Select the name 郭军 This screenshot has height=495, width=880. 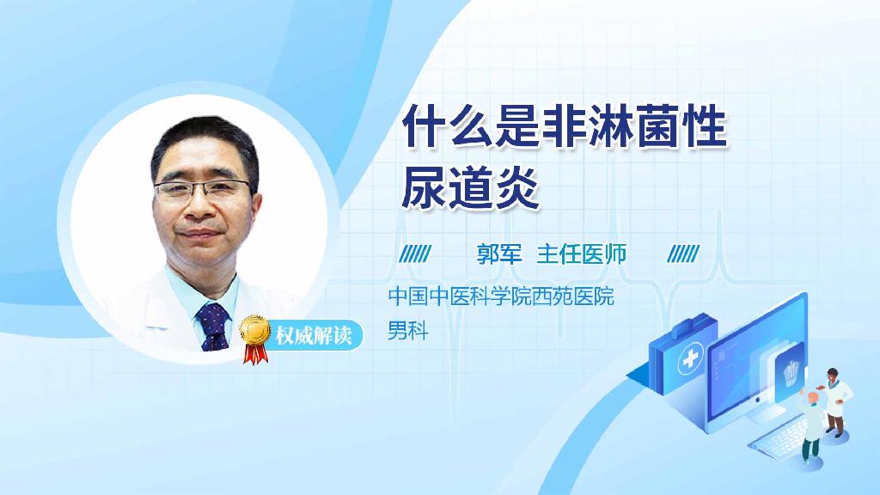coord(499,254)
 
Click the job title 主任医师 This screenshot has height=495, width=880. coord(581,254)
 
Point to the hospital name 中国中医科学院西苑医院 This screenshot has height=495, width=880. coord(501,298)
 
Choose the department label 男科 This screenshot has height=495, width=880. coord(407,331)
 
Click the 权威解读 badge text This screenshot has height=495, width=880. coord(313,335)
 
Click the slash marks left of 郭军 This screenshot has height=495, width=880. coord(416,254)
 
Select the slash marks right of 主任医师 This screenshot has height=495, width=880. coord(683,254)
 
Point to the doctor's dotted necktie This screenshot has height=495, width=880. coord(212,327)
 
